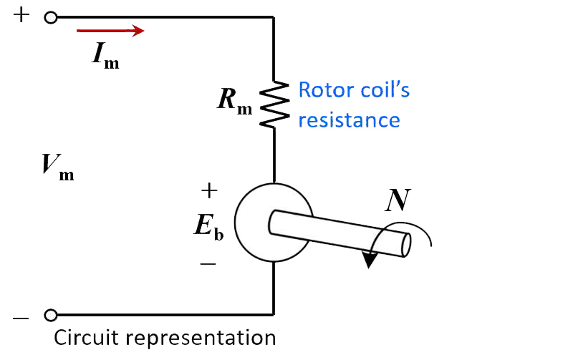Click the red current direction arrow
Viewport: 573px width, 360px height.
click(110, 31)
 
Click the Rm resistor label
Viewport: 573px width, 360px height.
click(234, 102)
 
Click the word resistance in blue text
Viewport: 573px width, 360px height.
click(349, 120)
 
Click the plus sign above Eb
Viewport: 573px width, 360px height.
click(208, 190)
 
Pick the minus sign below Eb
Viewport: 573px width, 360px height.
click(208, 263)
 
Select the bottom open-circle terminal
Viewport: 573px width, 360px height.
click(51, 315)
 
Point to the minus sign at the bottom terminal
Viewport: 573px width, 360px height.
click(21, 316)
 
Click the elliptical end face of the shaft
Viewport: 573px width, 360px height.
click(405, 245)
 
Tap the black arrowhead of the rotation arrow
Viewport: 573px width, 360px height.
click(369, 260)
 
